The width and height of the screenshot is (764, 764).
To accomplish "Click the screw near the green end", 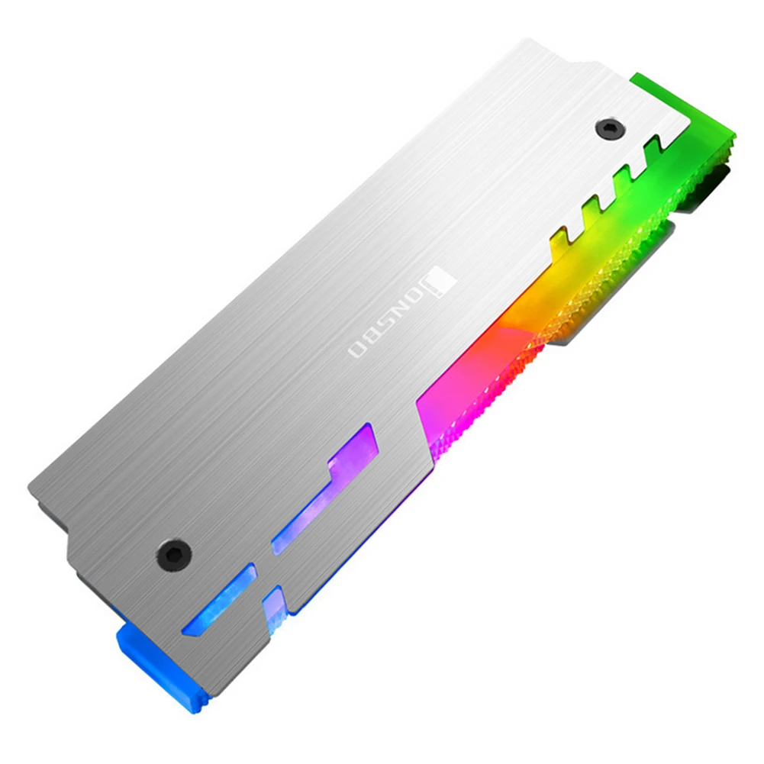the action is point(610,128).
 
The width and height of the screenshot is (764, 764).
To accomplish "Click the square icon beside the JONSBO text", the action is point(444,279).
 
